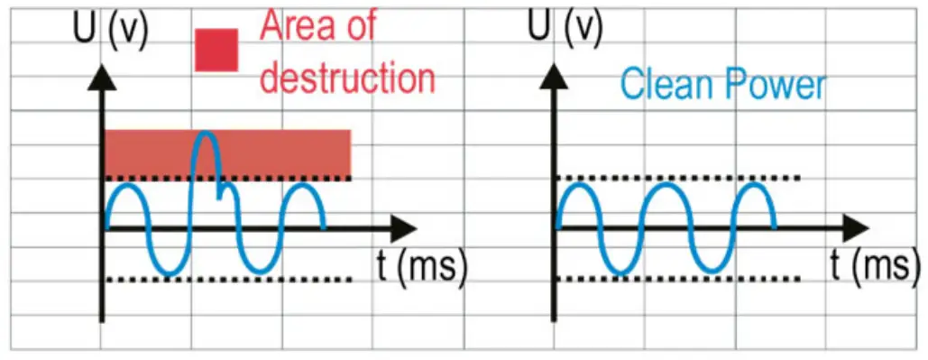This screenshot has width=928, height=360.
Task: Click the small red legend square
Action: [216, 50]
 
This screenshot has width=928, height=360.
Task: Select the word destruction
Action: [347, 78]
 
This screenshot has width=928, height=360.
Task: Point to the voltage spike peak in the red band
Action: [207, 134]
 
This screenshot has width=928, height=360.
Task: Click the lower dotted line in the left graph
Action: [225, 279]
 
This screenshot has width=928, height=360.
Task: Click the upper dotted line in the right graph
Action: [676, 178]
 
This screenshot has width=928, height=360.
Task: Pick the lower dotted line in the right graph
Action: [676, 279]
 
